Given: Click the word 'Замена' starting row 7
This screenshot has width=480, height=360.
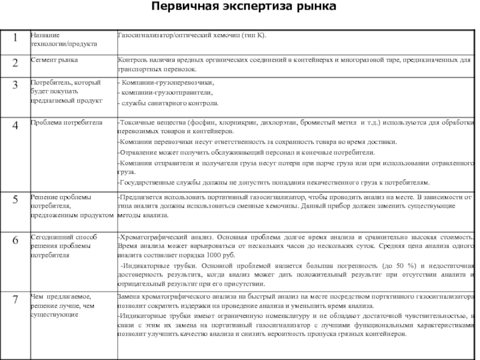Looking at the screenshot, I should (129, 296).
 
